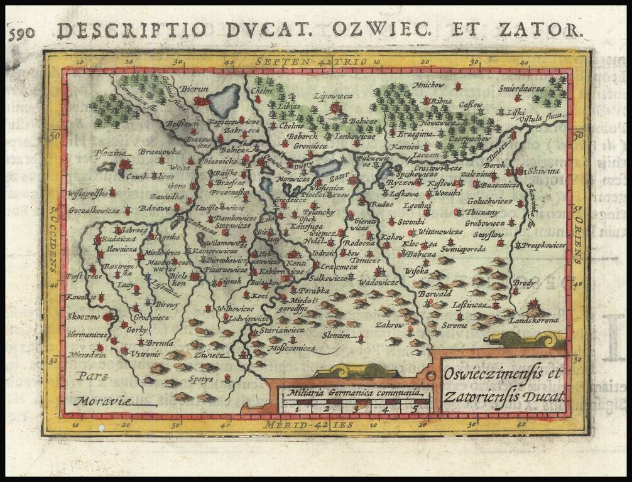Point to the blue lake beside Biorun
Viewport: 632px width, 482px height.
pyautogui.click(x=224, y=101)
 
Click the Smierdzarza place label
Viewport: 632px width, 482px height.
pyautogui.click(x=521, y=88)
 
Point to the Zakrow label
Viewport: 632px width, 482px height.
pyautogui.click(x=390, y=325)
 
